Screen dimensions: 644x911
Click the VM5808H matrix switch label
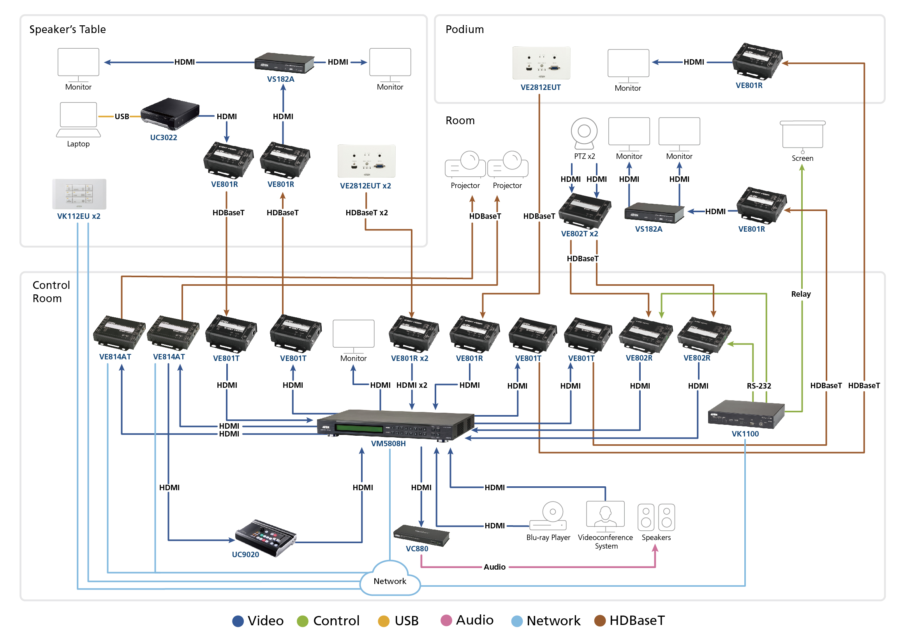tap(388, 443)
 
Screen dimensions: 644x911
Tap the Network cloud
tap(389, 580)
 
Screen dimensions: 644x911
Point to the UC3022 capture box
tap(170, 114)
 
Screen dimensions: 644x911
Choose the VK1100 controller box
tap(746, 414)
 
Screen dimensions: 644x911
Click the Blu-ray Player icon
tap(548, 516)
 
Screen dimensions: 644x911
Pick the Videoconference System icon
tap(605, 516)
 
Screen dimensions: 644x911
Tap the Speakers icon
tap(656, 517)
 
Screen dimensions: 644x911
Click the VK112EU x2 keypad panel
tap(79, 194)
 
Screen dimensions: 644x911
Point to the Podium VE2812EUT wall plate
tap(541, 63)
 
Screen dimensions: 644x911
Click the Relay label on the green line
tap(801, 294)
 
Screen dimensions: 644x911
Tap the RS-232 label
tap(759, 386)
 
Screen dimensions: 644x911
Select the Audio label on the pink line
tap(494, 567)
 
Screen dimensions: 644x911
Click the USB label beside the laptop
tap(122, 116)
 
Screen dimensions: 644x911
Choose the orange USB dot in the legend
tap(383, 621)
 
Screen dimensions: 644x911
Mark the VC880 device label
tap(417, 549)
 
